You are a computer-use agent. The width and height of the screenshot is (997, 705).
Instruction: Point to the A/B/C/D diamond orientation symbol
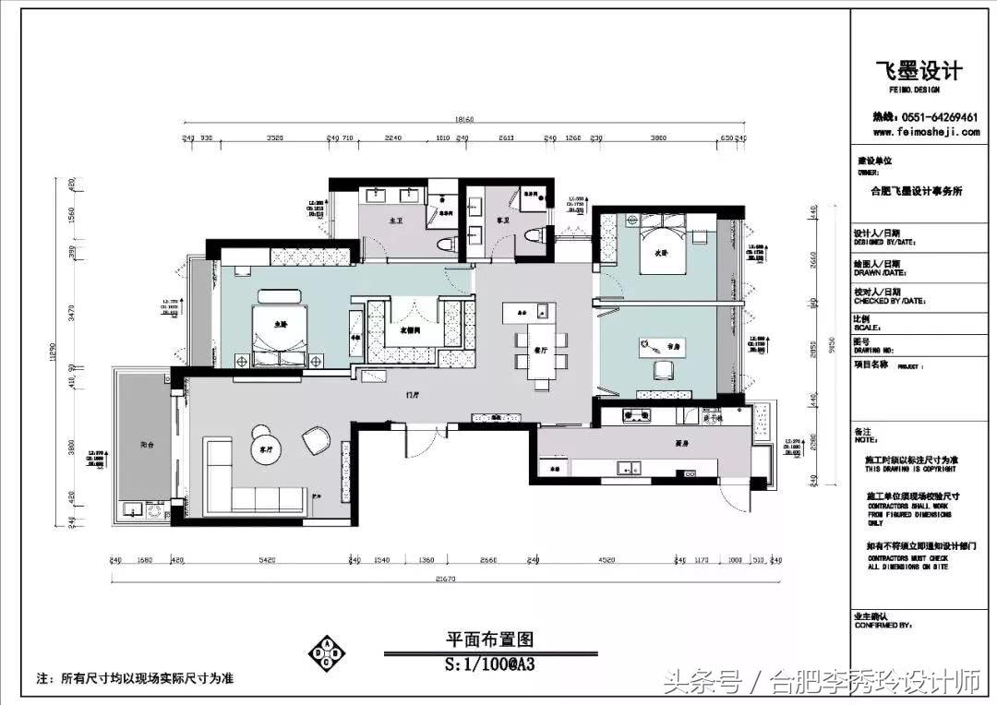(x=328, y=651)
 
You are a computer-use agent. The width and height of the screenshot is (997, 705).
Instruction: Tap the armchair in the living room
(x=315, y=441)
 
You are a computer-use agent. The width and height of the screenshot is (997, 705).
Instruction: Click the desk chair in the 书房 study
(x=663, y=370)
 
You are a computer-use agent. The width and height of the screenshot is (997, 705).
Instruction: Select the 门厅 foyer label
(x=414, y=393)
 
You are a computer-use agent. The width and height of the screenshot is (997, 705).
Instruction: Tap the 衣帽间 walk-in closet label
(x=410, y=329)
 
